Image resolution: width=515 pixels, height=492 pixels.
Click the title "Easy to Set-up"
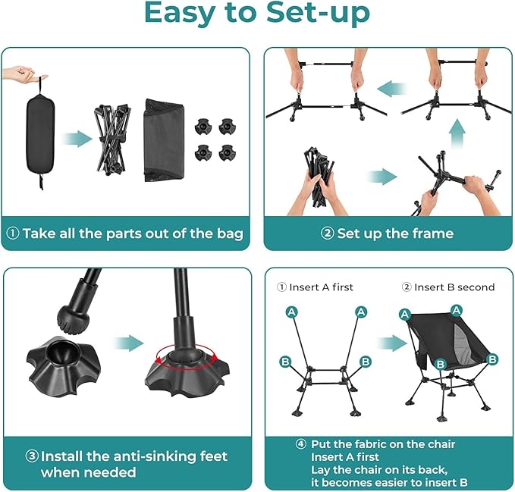pyautogui.click(x=257, y=13)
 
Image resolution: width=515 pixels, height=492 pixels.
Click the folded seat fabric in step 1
pyautogui.click(x=164, y=140)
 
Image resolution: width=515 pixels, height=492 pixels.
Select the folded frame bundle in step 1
pyautogui.click(x=112, y=139)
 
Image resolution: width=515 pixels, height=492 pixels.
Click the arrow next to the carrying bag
pyautogui.click(x=77, y=139)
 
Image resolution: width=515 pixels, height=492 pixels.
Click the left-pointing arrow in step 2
pyautogui.click(x=391, y=89)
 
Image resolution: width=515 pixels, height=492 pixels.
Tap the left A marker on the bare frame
pyautogui.click(x=292, y=312)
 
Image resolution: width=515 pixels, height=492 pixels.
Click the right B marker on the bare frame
pyautogui.click(x=366, y=362)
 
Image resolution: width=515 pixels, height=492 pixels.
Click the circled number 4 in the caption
pyautogui.click(x=301, y=444)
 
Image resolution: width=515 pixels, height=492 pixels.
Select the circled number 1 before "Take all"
pyautogui.click(x=13, y=233)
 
